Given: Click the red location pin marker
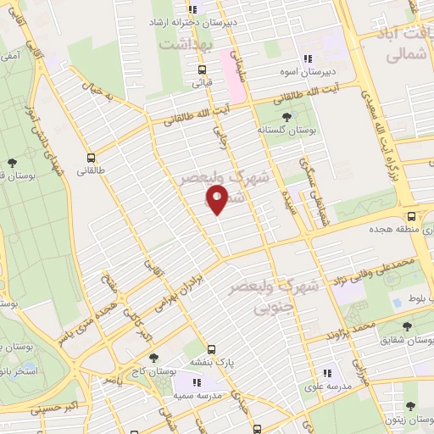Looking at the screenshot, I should [x=217, y=199].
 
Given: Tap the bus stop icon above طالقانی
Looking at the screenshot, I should [x=91, y=157].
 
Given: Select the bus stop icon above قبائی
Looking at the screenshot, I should [x=201, y=70].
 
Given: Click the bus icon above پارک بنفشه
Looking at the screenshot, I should [x=212, y=348].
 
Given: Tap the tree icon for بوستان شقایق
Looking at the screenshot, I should [x=407, y=325].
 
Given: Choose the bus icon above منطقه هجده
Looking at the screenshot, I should [x=411, y=216].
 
